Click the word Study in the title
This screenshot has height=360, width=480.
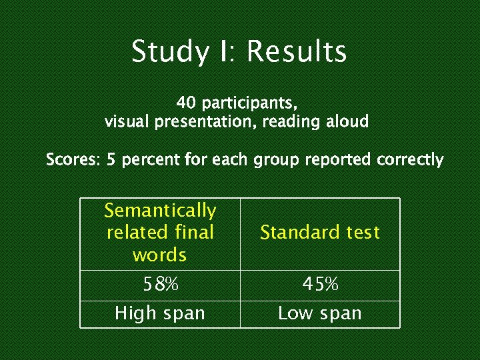pyautogui.click(x=169, y=52)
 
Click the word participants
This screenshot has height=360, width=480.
pyautogui.click(x=249, y=104)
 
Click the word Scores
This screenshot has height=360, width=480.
pyautogui.click(x=73, y=160)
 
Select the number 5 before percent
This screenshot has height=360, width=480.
pyautogui.click(x=111, y=160)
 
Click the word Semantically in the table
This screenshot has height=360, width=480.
pyautogui.click(x=160, y=211)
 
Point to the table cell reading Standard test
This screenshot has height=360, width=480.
pyautogui.click(x=319, y=233)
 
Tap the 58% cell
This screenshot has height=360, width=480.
pyautogui.click(x=161, y=285)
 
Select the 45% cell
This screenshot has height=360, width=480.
pyautogui.click(x=320, y=285)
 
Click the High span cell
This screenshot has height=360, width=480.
pyautogui.click(x=160, y=313)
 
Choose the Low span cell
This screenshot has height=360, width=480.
pyautogui.click(x=319, y=313)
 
